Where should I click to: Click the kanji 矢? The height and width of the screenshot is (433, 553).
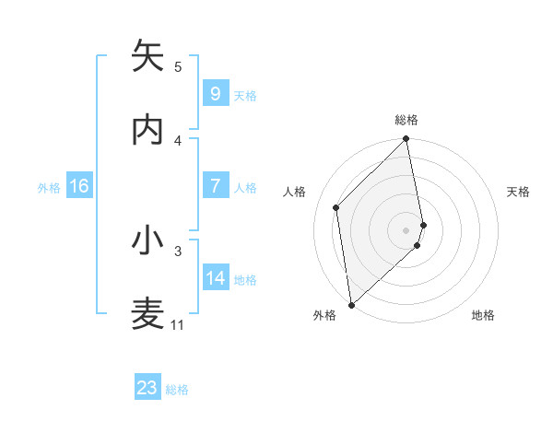(148, 56)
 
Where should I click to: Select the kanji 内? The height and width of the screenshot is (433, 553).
(148, 130)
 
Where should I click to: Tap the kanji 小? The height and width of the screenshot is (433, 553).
(148, 240)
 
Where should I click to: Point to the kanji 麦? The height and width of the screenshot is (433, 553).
(148, 314)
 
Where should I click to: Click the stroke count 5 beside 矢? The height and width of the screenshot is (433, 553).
(178, 66)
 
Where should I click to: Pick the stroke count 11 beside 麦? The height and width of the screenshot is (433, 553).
(178, 324)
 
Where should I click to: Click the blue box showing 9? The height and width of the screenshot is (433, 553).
(215, 94)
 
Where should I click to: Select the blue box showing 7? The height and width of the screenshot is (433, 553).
(215, 186)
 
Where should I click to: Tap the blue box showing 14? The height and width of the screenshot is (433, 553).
(216, 278)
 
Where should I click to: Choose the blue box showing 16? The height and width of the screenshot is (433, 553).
(79, 186)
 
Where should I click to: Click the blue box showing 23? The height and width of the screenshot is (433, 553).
(147, 388)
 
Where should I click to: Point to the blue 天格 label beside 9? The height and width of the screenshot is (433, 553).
(245, 96)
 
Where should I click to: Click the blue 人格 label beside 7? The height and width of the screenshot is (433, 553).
(245, 188)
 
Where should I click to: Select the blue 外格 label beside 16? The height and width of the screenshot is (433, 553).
(49, 188)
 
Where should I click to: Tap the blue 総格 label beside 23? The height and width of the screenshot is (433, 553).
(177, 390)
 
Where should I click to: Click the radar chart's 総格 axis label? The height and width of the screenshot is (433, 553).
(406, 120)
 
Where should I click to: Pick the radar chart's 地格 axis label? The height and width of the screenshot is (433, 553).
(483, 316)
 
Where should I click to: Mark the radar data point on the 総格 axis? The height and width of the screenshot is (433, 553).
(406, 140)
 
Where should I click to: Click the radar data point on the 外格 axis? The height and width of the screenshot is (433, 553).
(351, 304)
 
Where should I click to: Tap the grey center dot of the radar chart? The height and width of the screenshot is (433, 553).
(406, 229)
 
